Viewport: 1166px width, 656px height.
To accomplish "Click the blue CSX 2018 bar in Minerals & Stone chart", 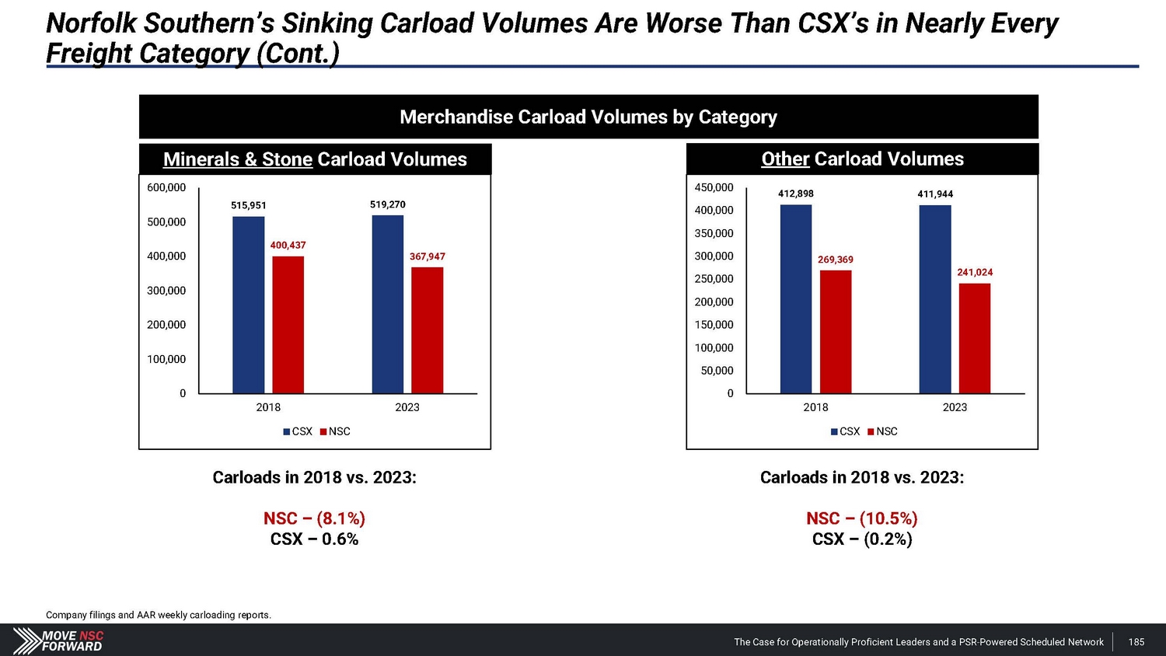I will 248,305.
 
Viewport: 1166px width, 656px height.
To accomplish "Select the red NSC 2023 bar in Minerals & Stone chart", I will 427,330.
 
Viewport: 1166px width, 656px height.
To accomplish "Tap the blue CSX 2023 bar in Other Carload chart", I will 934,299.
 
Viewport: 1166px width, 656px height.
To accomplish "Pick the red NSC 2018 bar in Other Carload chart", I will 836,332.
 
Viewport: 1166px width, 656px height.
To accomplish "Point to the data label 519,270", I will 388,204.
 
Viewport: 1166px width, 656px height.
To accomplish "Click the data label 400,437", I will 288,245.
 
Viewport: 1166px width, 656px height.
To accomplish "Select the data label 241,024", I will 975,272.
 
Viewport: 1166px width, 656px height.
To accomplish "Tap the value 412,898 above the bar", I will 796,194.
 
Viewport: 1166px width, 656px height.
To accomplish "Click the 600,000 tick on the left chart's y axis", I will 166,187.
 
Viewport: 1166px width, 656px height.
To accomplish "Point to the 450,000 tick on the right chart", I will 714,187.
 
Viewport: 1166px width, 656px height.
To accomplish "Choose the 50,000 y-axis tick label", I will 717,371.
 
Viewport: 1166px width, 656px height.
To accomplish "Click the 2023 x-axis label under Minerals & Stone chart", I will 407,407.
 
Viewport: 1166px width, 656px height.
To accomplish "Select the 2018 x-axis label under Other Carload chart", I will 815,407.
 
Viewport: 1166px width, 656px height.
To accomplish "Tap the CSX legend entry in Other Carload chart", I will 846,431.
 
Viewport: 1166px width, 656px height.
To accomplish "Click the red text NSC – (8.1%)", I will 314,518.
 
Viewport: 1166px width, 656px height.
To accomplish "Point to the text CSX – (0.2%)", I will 862,539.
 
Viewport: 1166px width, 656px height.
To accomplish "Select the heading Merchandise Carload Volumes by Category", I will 588,117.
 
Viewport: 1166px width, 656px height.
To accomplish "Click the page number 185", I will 1136,642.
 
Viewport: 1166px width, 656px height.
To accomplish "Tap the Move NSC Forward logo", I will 59,640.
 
